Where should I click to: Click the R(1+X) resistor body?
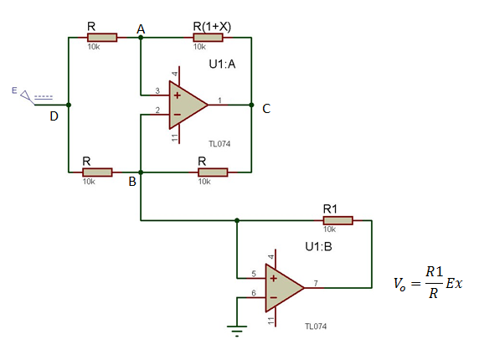click(x=208, y=38)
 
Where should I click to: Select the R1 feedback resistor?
click(x=338, y=220)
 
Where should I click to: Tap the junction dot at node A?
click(x=141, y=38)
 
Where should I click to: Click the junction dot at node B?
click(x=141, y=172)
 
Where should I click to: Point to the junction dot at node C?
click(x=251, y=105)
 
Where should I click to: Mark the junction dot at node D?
click(x=69, y=105)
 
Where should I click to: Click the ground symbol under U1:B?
click(x=237, y=331)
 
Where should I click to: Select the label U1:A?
click(x=222, y=64)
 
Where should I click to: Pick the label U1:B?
click(x=318, y=247)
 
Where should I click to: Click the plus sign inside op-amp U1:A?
click(x=178, y=95)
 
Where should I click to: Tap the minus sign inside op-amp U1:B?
click(x=274, y=297)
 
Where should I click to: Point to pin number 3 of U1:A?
click(x=157, y=90)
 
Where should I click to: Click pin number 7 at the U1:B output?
click(x=316, y=283)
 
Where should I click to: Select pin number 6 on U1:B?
click(x=254, y=293)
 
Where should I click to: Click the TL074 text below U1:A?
click(x=219, y=144)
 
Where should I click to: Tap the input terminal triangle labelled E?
click(x=26, y=96)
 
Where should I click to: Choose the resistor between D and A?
click(x=102, y=38)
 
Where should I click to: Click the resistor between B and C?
click(x=213, y=172)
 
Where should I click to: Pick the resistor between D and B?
click(x=97, y=172)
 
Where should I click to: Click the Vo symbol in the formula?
click(x=399, y=284)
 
